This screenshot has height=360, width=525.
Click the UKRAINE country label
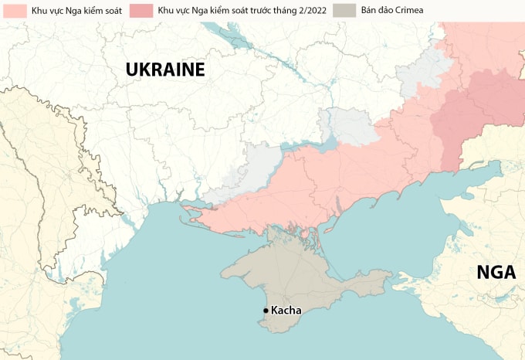(165, 70)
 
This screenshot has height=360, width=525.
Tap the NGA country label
(495, 272)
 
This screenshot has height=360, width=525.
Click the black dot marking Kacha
(266, 311)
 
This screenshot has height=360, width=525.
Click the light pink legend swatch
(13, 11)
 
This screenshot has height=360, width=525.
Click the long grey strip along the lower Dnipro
(247, 174)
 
